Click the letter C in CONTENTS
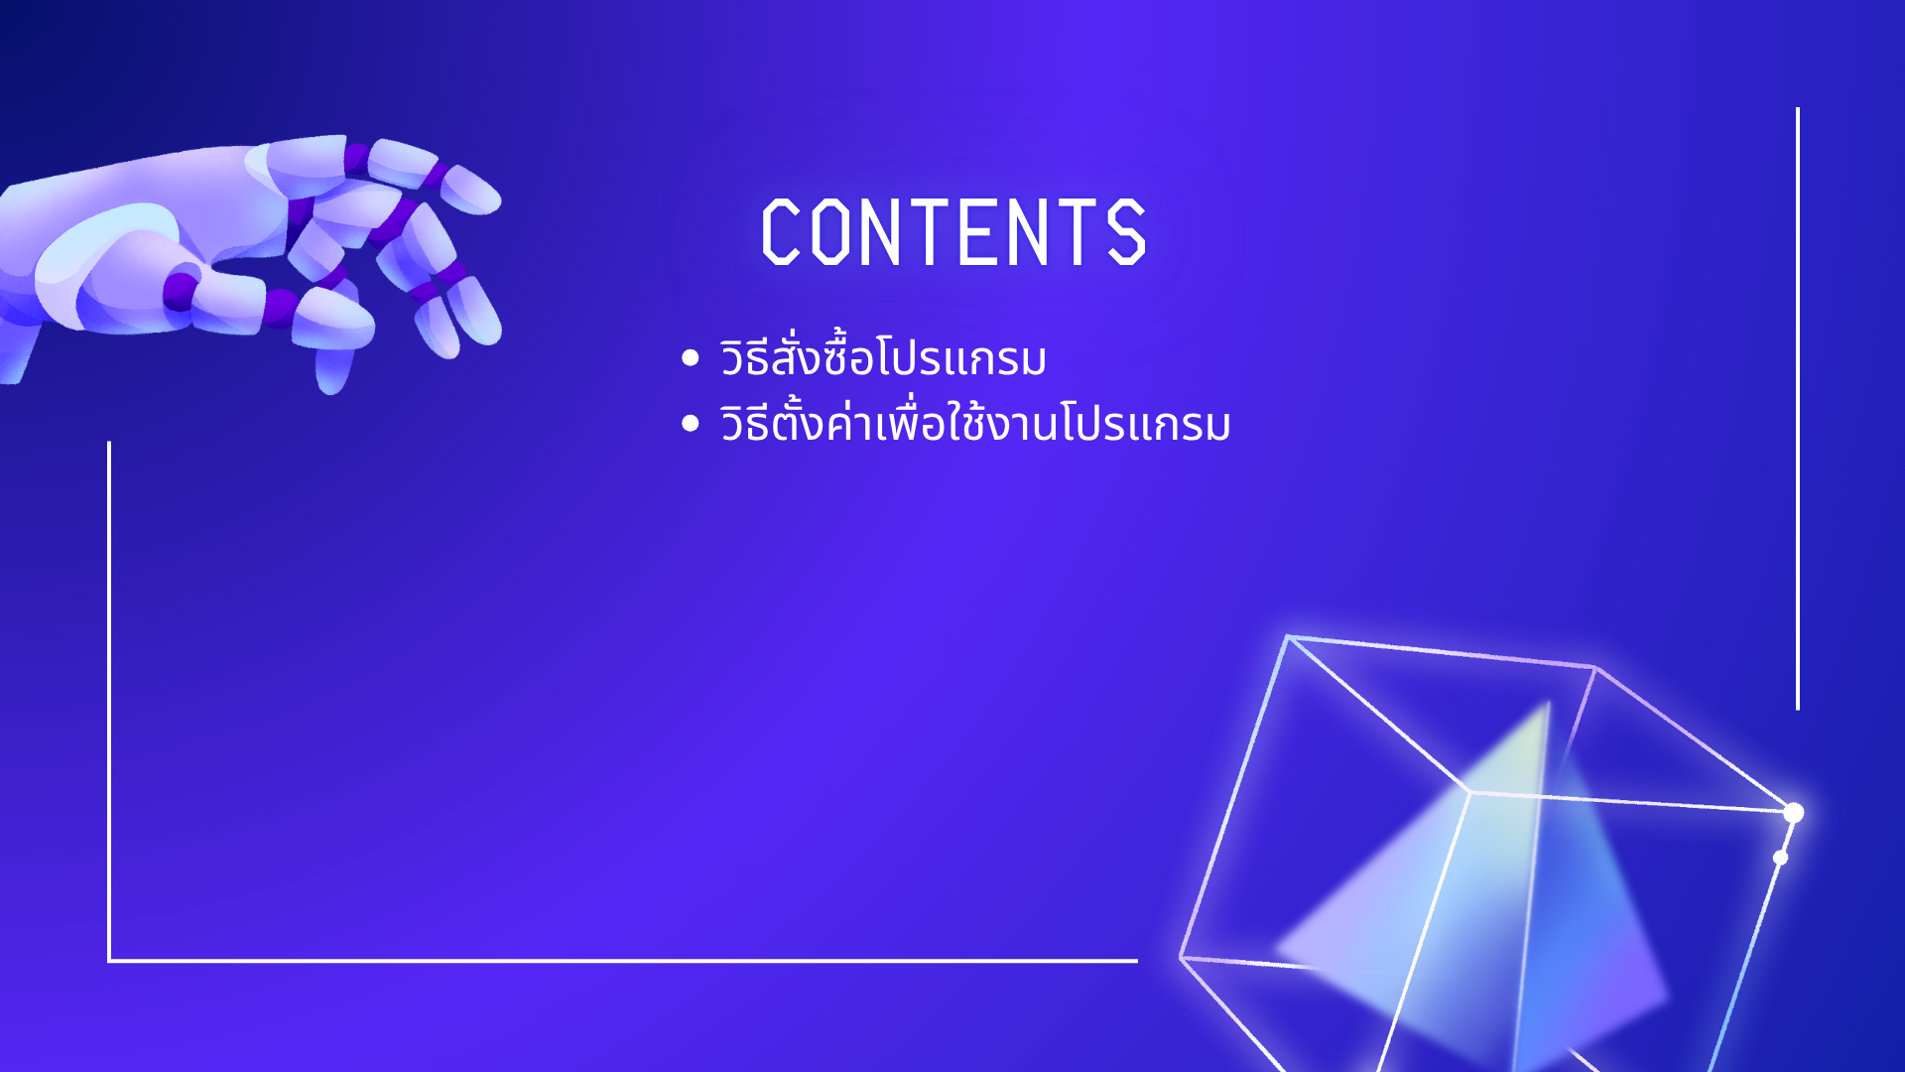(x=781, y=231)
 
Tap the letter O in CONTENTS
(x=830, y=231)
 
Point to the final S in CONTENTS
(x=1127, y=231)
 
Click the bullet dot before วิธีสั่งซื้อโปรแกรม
(x=691, y=358)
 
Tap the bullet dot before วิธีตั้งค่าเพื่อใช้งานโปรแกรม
(x=691, y=424)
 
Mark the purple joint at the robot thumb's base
(x=182, y=292)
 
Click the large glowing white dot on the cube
(x=1793, y=813)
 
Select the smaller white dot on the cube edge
(x=1780, y=858)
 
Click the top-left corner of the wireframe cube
(x=1287, y=636)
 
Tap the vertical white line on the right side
(x=1797, y=409)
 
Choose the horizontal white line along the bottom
(x=623, y=961)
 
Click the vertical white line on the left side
(x=109, y=702)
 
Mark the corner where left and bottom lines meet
(x=109, y=961)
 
